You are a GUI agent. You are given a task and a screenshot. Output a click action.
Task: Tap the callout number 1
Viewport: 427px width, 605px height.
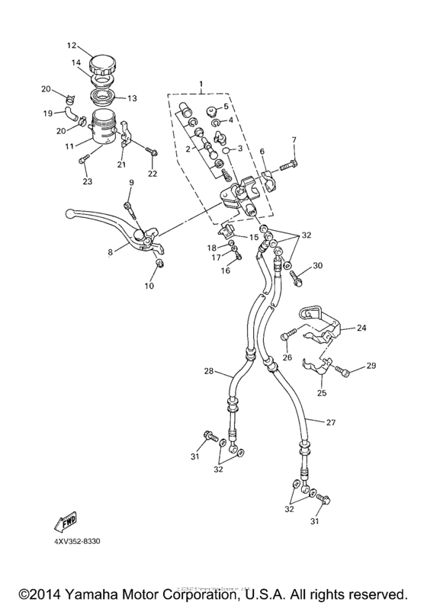201,85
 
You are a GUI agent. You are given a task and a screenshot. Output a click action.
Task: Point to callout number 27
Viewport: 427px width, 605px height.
332,422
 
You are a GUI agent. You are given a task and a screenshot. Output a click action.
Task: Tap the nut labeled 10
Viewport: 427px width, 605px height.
159,264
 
